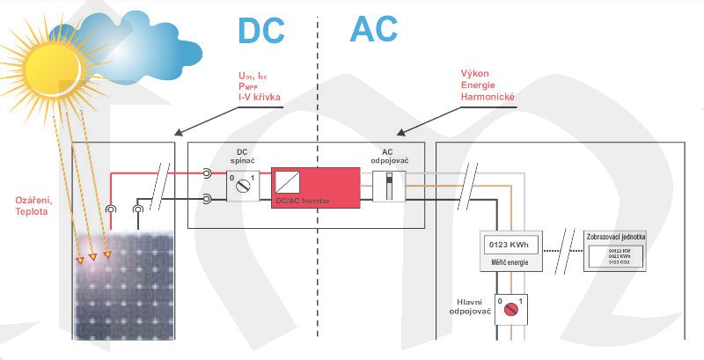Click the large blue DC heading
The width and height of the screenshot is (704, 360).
pyautogui.click(x=262, y=30)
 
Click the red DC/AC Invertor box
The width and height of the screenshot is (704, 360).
pyautogui.click(x=314, y=187)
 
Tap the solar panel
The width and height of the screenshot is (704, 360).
pyautogui.click(x=123, y=286)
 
